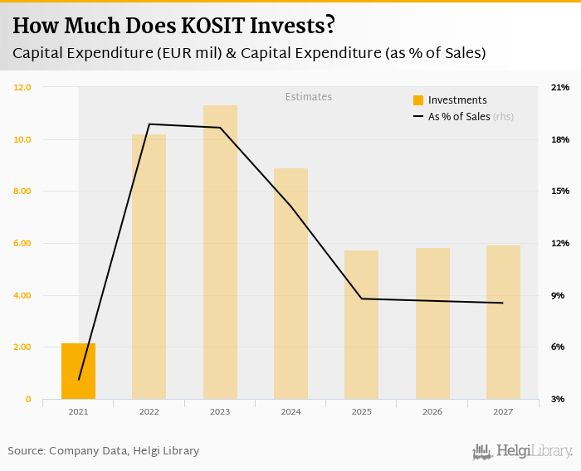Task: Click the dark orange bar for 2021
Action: click(78, 371)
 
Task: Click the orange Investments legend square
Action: click(418, 100)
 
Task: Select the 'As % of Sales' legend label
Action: click(459, 117)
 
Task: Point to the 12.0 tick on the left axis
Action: click(22, 87)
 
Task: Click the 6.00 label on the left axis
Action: click(22, 243)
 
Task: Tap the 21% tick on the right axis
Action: click(559, 87)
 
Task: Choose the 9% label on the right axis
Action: click(558, 295)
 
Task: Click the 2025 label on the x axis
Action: click(362, 411)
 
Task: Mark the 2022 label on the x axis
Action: click(149, 411)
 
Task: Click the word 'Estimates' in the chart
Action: click(309, 97)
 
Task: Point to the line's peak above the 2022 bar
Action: click(149, 124)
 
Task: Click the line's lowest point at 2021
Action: click(79, 380)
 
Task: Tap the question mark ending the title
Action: click(330, 26)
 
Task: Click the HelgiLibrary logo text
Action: click(534, 451)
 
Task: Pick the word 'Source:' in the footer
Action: click(27, 451)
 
